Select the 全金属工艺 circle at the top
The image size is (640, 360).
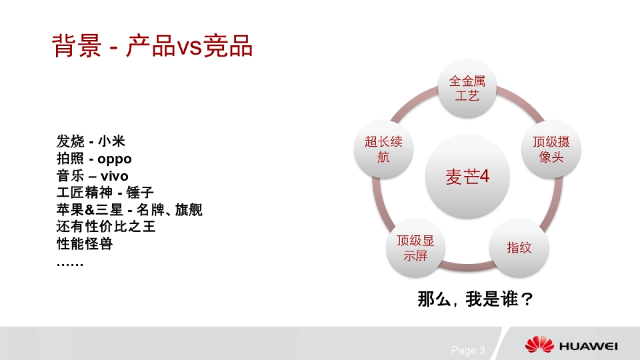(x=467, y=89)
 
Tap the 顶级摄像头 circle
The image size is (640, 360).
(x=551, y=149)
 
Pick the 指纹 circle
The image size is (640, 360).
(x=519, y=247)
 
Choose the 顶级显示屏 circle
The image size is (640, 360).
(x=415, y=248)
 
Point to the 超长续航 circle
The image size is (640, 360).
(x=383, y=149)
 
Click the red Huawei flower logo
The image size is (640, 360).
(x=539, y=345)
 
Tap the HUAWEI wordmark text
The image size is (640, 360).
(x=588, y=346)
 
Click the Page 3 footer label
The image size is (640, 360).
(x=468, y=350)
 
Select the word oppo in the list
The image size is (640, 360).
(x=115, y=159)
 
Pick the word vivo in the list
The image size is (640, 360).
(x=114, y=176)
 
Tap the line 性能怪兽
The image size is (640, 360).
(x=85, y=244)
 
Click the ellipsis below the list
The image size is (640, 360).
(x=70, y=263)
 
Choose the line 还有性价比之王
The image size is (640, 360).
(x=106, y=227)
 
